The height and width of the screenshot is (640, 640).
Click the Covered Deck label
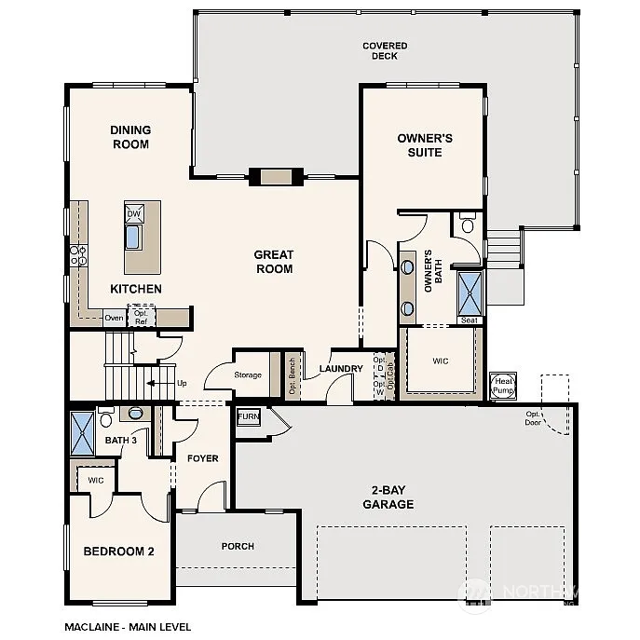point(379,50)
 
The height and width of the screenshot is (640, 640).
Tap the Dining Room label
point(130,137)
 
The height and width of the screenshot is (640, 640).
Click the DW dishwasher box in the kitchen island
point(133,213)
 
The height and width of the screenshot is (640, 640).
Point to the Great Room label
point(274,262)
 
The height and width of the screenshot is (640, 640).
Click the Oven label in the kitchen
point(114,318)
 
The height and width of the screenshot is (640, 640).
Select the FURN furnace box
point(249,417)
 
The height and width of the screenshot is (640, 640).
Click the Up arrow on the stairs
point(167,382)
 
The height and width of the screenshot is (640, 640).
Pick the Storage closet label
point(248,375)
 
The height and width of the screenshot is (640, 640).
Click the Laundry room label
point(340,369)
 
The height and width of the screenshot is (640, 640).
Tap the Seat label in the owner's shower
point(470,320)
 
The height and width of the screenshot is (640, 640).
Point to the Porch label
point(238,546)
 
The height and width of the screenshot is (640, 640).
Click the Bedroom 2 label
point(118,551)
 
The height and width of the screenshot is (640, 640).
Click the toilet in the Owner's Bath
point(468,224)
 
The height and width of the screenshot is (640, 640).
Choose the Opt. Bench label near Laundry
point(292,376)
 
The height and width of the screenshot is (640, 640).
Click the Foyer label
point(202,458)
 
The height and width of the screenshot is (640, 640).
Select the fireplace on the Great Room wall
point(275,177)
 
